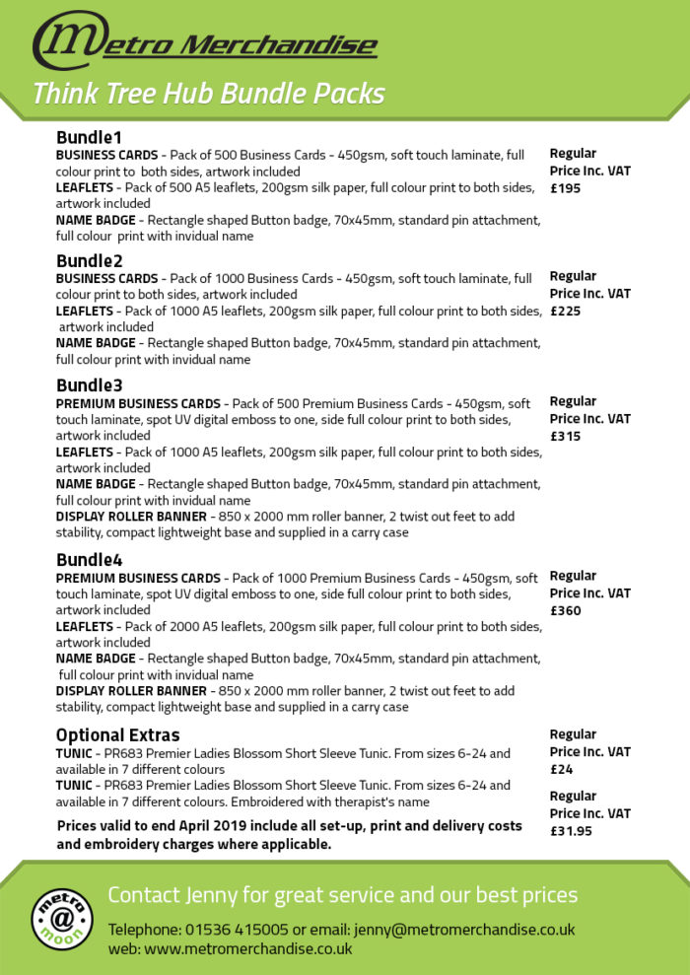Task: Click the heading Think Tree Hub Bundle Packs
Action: pos(208,94)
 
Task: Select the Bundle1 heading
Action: pos(89,137)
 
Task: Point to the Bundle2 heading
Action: pos(90,261)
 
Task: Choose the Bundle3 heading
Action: pos(90,385)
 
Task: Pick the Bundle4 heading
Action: pos(90,560)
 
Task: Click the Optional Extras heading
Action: pos(117,734)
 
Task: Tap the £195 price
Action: pos(566,188)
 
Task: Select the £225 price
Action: pos(566,311)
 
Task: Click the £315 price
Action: pos(566,436)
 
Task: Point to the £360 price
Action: pos(566,610)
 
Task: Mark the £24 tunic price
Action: pos(561,769)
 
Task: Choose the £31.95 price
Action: pos(572,830)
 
